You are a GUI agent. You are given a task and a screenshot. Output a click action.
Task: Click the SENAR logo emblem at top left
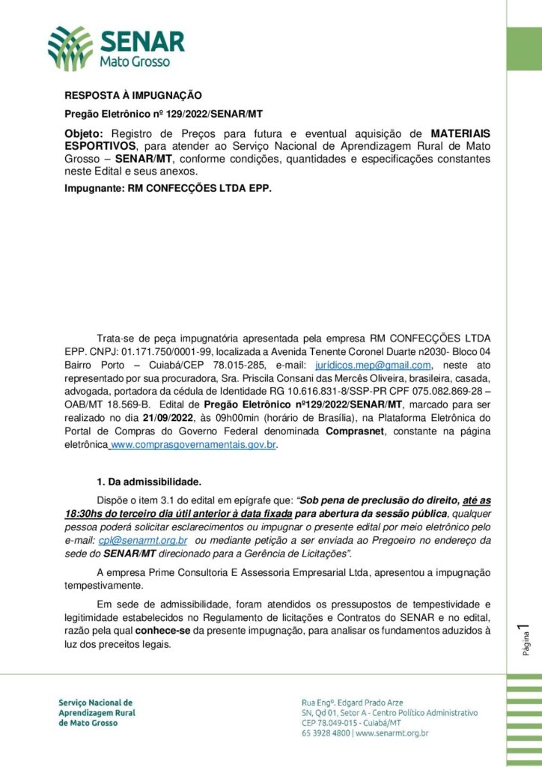tap(71, 48)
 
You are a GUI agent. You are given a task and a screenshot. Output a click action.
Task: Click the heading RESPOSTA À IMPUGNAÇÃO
tap(133, 95)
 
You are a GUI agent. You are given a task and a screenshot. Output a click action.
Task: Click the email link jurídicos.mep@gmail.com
tap(374, 365)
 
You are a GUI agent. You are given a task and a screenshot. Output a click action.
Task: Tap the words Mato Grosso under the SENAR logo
tap(135, 61)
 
